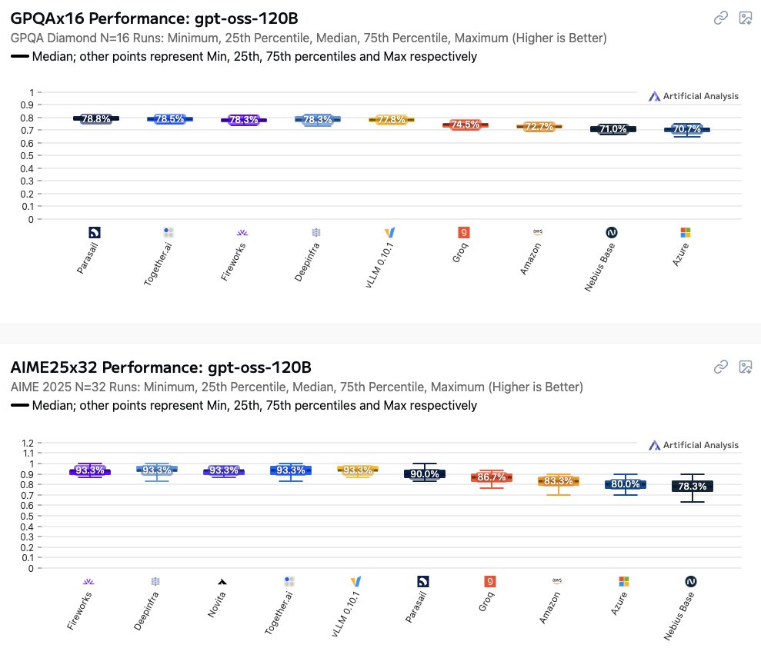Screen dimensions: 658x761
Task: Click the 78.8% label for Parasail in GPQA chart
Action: pyautogui.click(x=96, y=118)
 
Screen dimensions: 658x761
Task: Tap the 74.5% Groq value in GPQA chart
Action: pyautogui.click(x=465, y=125)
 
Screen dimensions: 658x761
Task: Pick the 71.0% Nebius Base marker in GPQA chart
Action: pyautogui.click(x=613, y=129)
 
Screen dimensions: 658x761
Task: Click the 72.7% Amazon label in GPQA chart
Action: pyautogui.click(x=539, y=126)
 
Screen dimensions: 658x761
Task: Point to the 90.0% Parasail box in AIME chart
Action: pyautogui.click(x=425, y=474)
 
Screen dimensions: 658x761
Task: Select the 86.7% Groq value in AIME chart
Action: pyautogui.click(x=492, y=477)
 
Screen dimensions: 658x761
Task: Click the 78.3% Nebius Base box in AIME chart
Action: pyautogui.click(x=692, y=486)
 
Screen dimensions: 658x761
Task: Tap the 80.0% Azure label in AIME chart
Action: pyautogui.click(x=626, y=484)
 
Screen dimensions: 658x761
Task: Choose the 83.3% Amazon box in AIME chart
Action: pyautogui.click(x=559, y=481)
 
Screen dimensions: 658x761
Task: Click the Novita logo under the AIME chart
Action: pyautogui.click(x=223, y=582)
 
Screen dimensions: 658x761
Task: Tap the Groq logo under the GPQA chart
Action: pyautogui.click(x=464, y=232)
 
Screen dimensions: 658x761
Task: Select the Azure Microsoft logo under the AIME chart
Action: pyautogui.click(x=624, y=582)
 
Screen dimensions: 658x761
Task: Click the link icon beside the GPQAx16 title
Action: pyautogui.click(x=721, y=18)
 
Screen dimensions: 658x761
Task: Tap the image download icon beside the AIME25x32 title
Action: pyautogui.click(x=745, y=367)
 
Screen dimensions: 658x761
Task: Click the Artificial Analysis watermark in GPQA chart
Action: pyautogui.click(x=693, y=96)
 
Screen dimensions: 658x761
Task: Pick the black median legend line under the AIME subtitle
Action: pyautogui.click(x=20, y=405)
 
